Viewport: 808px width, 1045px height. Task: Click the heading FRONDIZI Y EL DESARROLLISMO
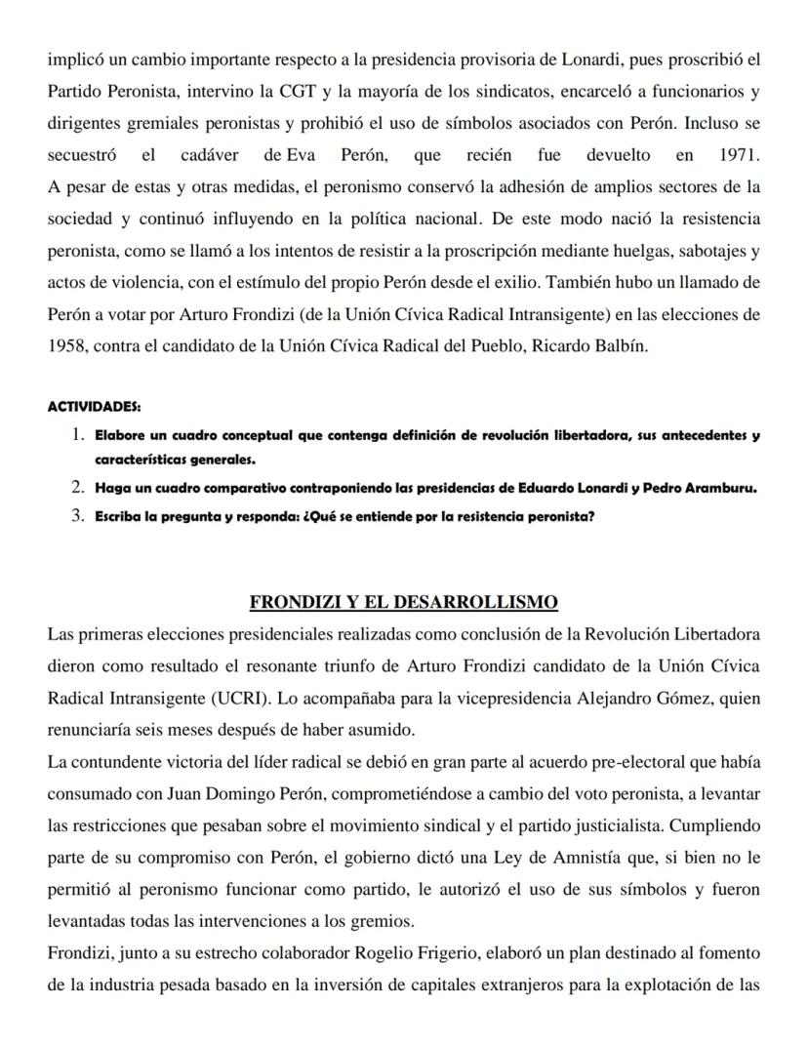(403, 601)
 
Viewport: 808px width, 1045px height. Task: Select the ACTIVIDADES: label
(94, 406)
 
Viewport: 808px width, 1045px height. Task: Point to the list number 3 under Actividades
(78, 516)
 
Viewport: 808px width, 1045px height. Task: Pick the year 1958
(66, 347)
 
